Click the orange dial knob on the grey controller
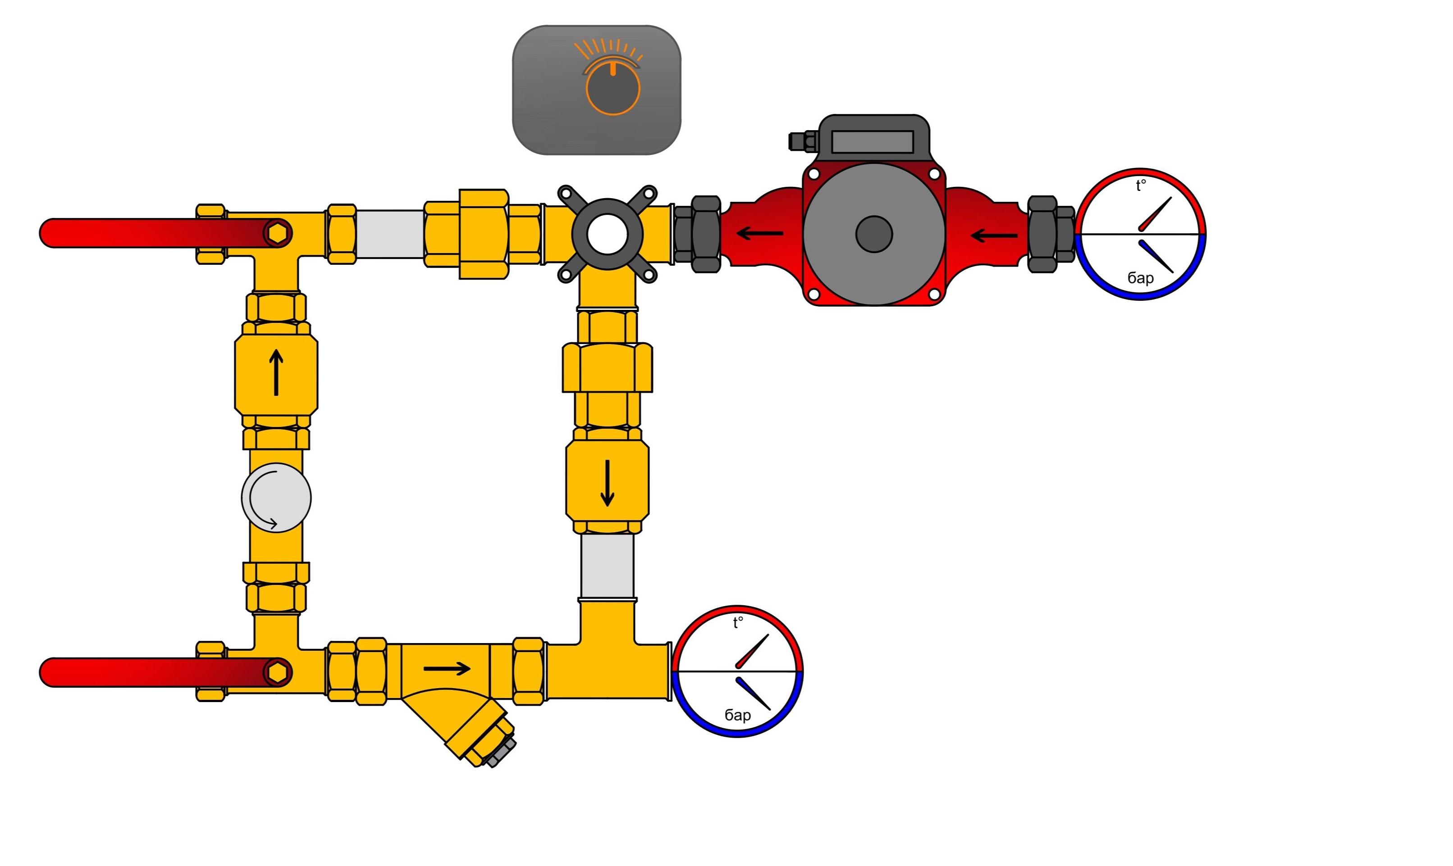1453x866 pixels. tap(613, 89)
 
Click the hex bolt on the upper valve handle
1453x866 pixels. tap(278, 233)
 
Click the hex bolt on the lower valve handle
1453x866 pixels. tap(278, 672)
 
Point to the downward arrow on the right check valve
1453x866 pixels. tap(608, 483)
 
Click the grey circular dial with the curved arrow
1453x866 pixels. tap(276, 498)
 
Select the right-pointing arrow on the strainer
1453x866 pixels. tap(447, 669)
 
